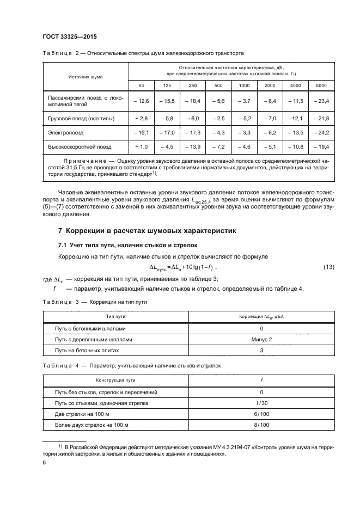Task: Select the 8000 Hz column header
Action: [321, 85]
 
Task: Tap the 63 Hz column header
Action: [142, 85]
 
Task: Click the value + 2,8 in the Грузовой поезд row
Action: [142, 118]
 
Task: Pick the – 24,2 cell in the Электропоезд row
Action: [321, 132]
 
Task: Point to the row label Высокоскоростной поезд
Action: [80, 146]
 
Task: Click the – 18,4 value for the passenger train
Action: [193, 101]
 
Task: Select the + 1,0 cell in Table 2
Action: [142, 146]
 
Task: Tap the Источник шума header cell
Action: [86, 77]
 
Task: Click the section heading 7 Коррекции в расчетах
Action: [147, 230]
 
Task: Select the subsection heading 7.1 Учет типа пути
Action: [128, 245]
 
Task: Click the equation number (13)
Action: [329, 267]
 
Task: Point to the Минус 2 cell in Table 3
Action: [261, 339]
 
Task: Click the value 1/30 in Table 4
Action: [261, 403]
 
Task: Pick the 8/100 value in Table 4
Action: [261, 424]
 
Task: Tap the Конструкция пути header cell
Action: [115, 380]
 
